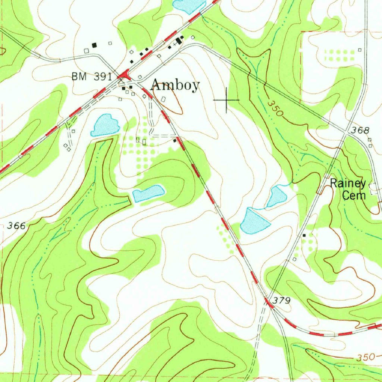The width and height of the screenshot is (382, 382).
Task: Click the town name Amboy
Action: (175, 85)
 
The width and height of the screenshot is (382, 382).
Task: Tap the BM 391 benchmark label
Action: (92, 77)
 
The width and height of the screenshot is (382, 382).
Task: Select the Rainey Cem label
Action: (348, 189)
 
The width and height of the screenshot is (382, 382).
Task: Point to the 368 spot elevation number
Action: (360, 130)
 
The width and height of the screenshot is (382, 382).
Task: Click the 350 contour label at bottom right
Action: (365, 357)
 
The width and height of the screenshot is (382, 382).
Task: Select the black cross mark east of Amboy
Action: (226, 100)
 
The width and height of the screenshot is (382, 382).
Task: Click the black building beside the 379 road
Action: (304, 235)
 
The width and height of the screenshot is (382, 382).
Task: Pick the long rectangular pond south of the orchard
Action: (148, 193)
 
